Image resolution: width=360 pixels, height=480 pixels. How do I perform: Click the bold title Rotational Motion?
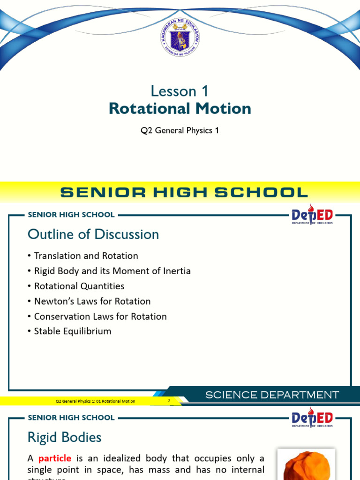[180, 109]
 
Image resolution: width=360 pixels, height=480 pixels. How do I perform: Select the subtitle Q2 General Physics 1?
[180, 130]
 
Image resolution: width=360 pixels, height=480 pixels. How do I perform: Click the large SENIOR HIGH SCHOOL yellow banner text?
[184, 192]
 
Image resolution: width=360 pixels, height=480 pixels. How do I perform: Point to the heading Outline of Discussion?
[93, 234]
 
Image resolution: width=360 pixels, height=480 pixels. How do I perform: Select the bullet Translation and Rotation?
[86, 256]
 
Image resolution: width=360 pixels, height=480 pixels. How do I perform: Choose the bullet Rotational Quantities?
[79, 286]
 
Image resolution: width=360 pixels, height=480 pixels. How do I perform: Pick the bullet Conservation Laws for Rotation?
[100, 316]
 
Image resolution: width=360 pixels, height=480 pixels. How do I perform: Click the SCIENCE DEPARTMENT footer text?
[272, 395]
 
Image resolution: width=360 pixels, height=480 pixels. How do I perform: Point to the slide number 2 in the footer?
[169, 401]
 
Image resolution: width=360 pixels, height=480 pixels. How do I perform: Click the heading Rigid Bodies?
[65, 437]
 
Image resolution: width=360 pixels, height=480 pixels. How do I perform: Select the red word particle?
[55, 458]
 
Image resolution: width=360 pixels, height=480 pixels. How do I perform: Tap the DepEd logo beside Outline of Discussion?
[312, 216]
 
